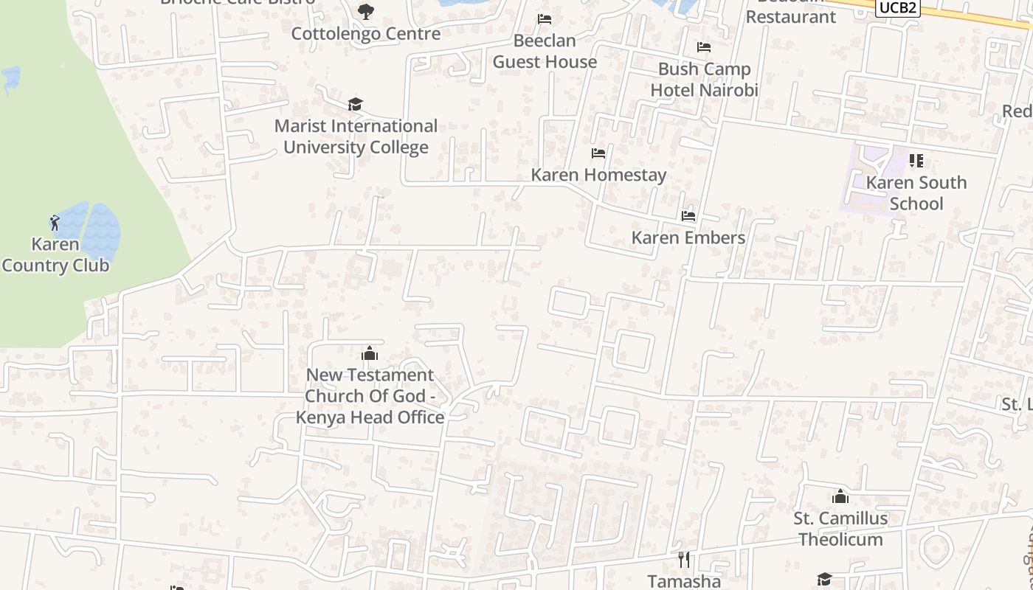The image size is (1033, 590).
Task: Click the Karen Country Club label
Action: coord(55,254)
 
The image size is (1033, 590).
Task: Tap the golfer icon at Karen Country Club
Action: coord(55,222)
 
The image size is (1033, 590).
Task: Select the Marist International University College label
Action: coord(356,136)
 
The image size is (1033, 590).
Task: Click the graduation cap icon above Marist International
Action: coord(356,104)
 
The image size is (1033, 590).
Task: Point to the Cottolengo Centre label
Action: coord(366,33)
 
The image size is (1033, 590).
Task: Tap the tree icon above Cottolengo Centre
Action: coord(365,12)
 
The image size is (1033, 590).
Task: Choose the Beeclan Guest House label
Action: coord(545,51)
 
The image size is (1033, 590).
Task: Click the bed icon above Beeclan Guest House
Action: coord(545,18)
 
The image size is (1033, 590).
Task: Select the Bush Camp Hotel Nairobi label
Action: coord(704,80)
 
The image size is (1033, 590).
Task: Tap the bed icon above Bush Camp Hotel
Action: coord(704,47)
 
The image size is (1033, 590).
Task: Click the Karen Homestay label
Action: coord(598,175)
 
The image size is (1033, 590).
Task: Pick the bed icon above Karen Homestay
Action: coord(598,153)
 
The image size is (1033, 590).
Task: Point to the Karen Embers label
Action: coord(688,237)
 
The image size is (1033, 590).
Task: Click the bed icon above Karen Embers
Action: coord(688,216)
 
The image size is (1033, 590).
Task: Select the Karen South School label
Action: coord(916,193)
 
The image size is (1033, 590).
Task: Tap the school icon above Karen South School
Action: coord(916,161)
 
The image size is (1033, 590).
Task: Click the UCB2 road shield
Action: coord(897,7)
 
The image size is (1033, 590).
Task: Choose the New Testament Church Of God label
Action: coord(370,396)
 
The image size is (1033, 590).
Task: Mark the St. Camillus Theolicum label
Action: coord(840,529)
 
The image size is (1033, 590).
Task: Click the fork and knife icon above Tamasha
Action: coord(684,560)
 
